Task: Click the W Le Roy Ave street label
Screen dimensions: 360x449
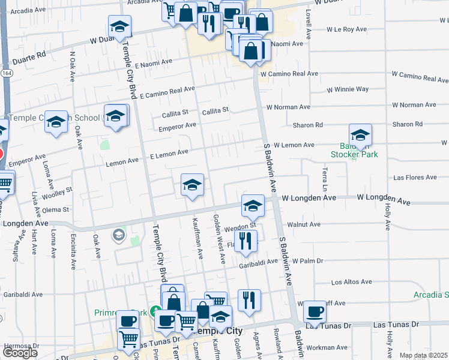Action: [346, 29]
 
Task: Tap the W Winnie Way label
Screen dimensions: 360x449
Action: [348, 89]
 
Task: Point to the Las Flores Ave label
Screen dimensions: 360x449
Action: [415, 178]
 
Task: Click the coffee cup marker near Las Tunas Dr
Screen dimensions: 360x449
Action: [315, 312]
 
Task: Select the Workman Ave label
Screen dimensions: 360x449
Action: [327, 347]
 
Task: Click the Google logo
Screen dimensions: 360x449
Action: [20, 352]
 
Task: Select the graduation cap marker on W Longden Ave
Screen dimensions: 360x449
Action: [253, 206]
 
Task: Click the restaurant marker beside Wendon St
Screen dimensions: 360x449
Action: [246, 241]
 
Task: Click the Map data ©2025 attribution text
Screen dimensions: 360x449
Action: [423, 355]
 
